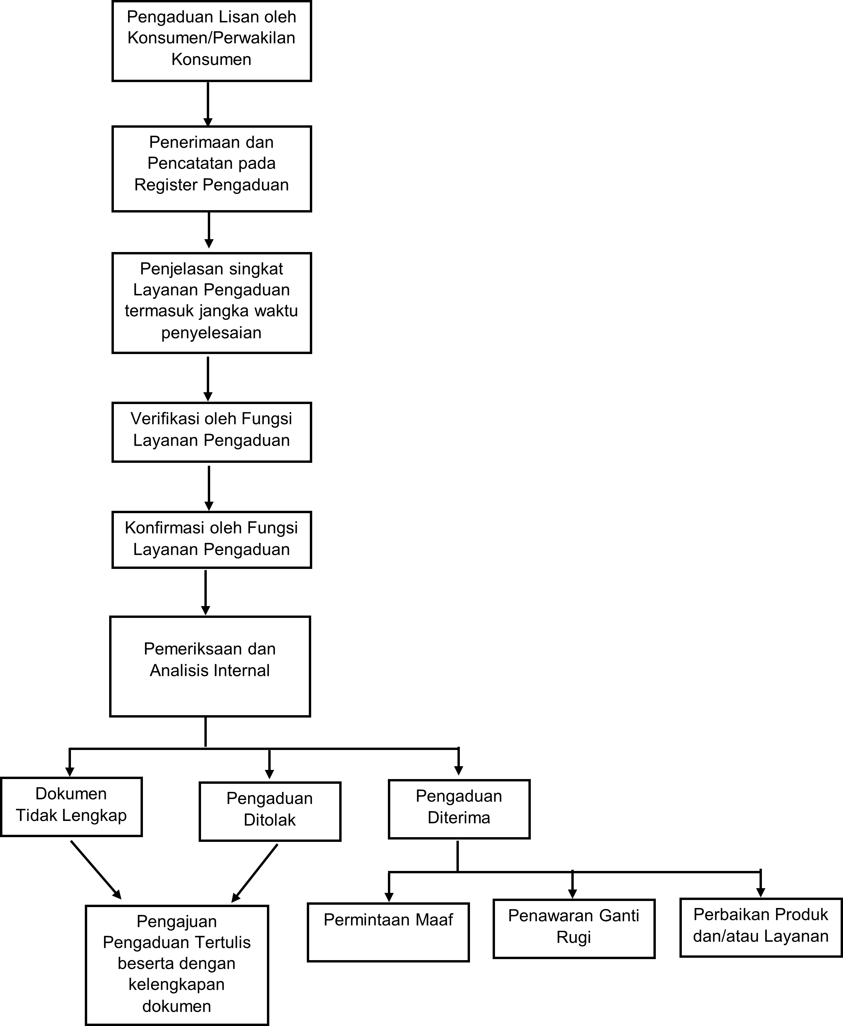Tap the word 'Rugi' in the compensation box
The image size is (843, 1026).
pyautogui.click(x=573, y=937)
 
